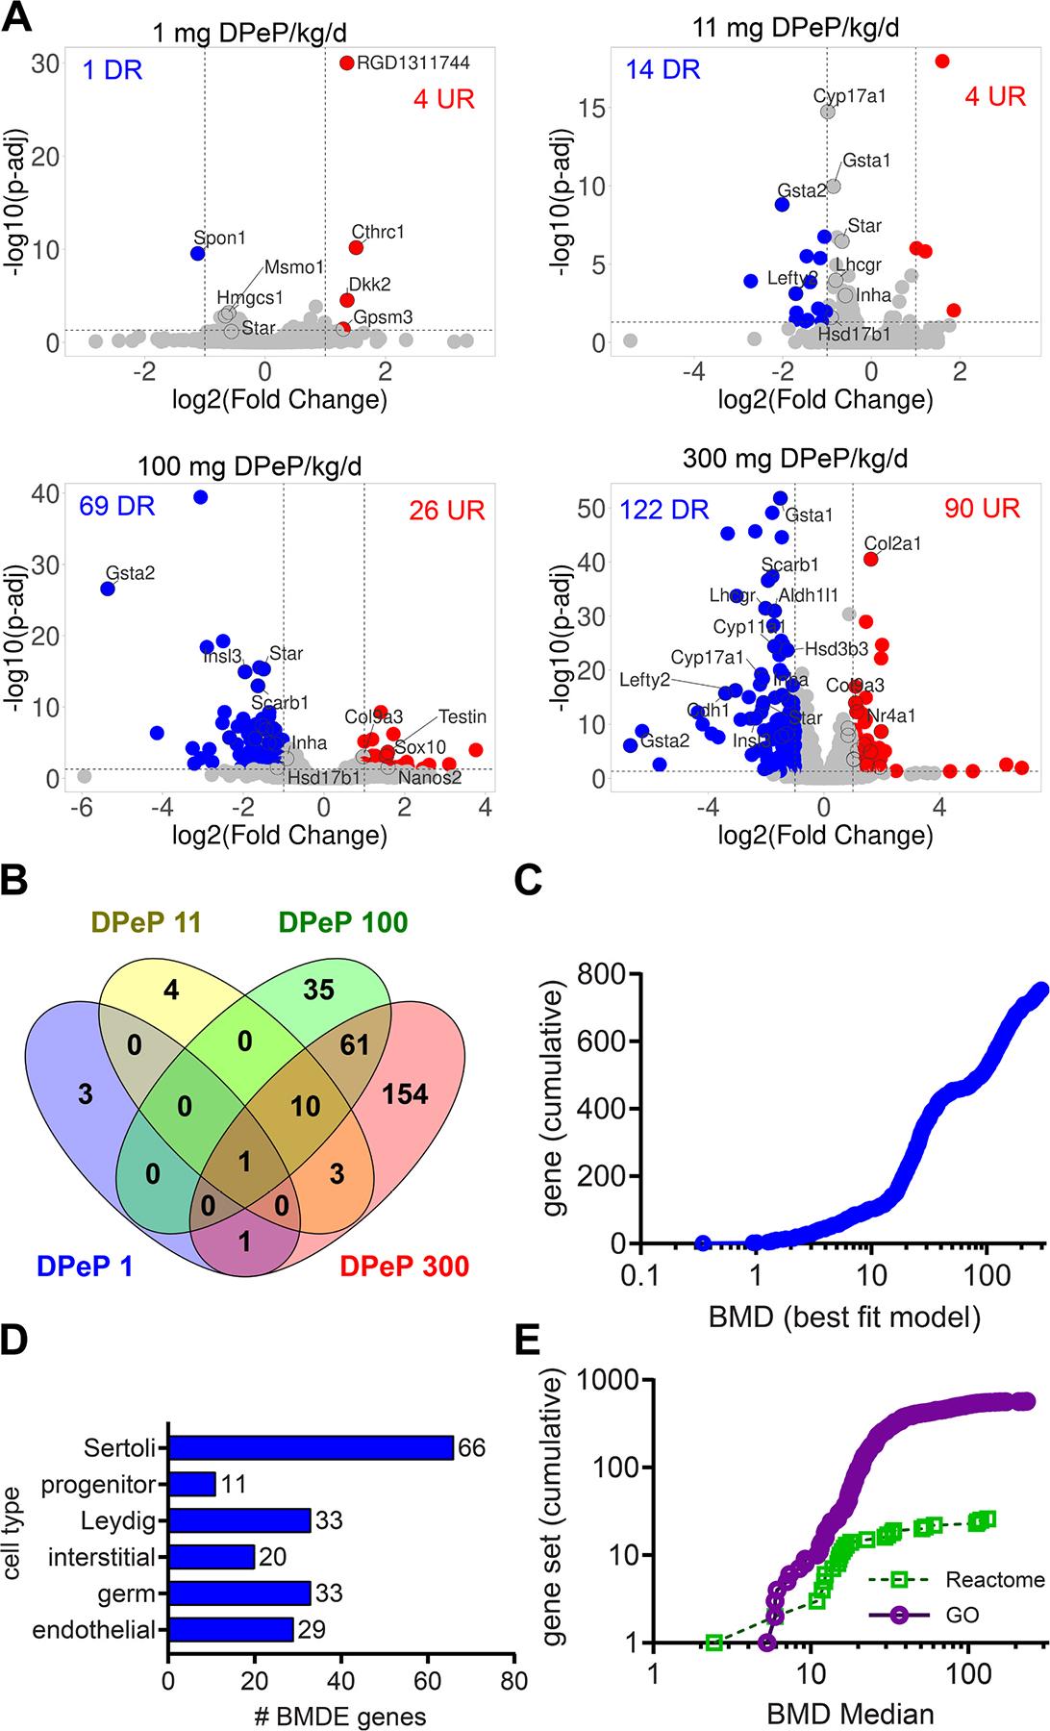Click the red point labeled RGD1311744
coord(346,63)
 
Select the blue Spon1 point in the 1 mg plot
coord(198,254)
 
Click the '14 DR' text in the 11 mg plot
coord(662,69)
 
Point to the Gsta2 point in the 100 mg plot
coord(108,589)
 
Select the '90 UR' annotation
coord(982,508)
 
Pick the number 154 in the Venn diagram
coord(405,1092)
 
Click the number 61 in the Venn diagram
coord(355,1043)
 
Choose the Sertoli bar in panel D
coord(311,1448)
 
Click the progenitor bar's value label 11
coord(234,1485)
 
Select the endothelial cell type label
coord(93,1630)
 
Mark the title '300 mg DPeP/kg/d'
coord(795,458)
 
